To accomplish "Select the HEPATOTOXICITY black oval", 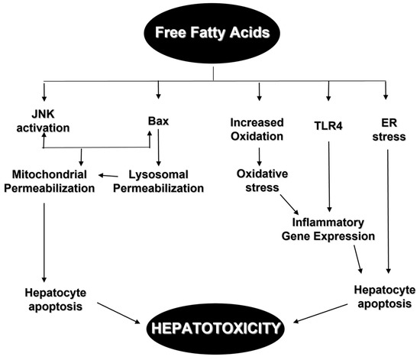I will [215, 328].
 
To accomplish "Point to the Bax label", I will [157, 121].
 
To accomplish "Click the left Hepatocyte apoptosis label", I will [44, 298].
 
